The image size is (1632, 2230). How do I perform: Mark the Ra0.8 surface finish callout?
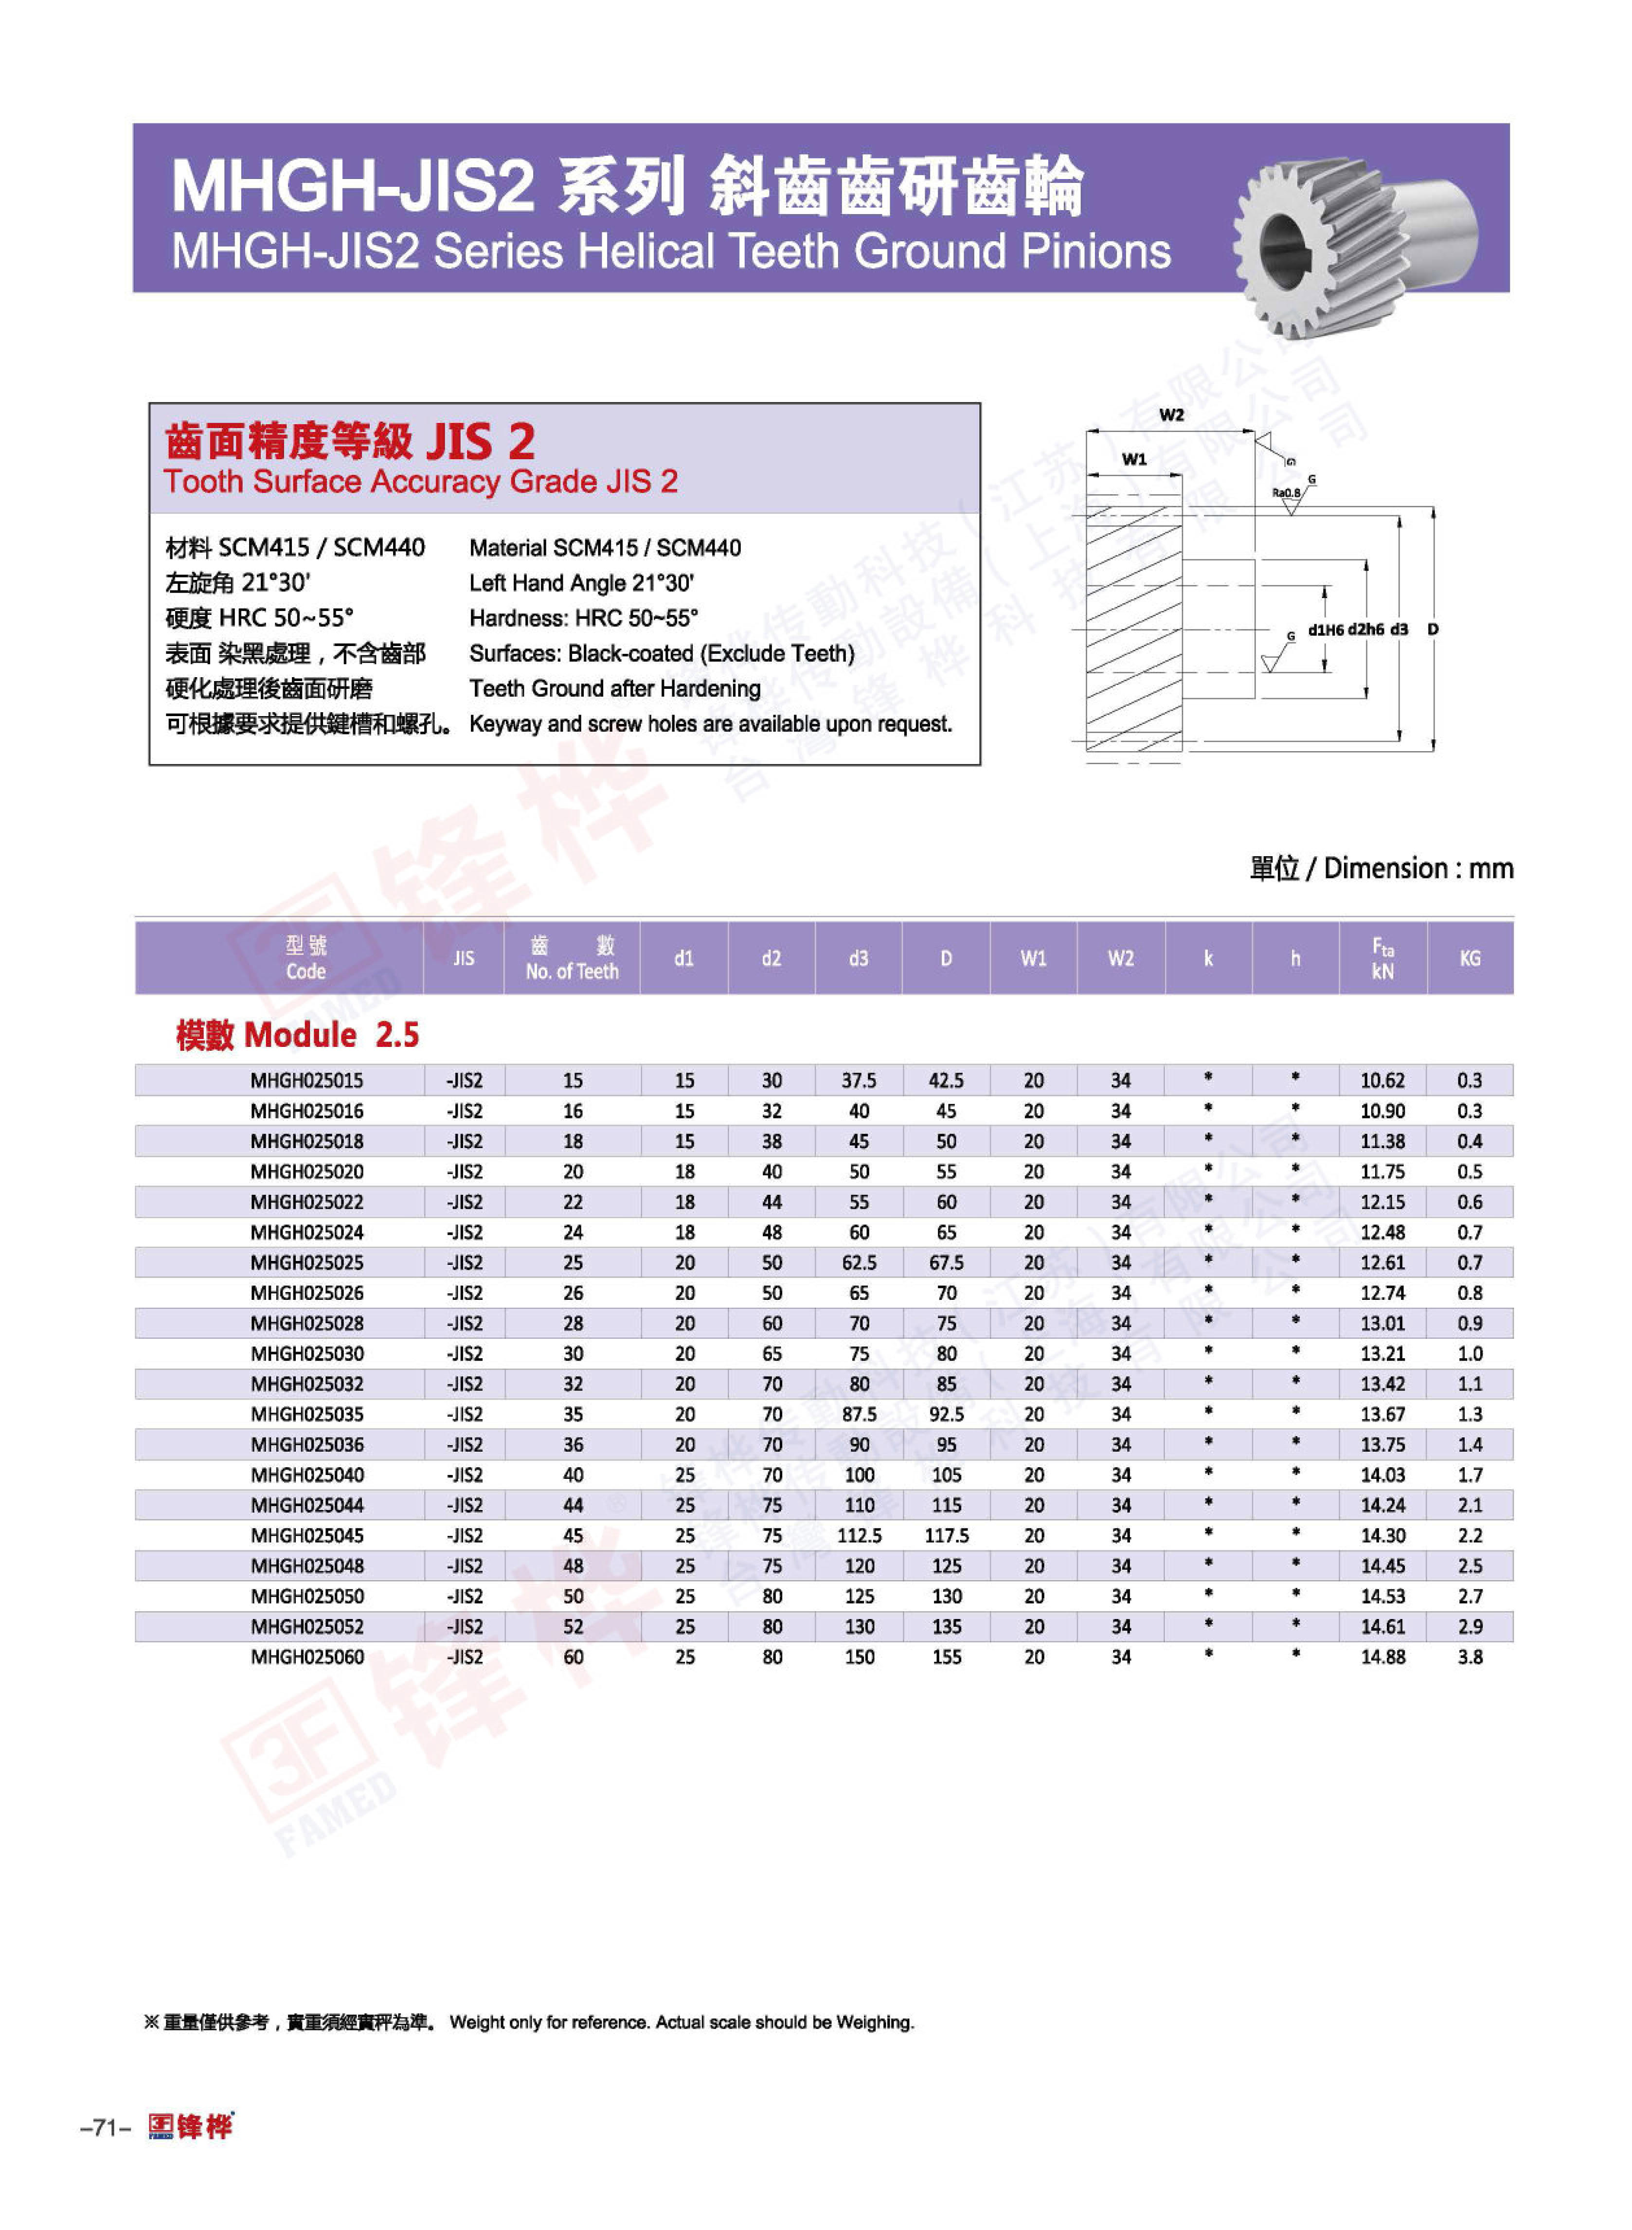pos(1285,492)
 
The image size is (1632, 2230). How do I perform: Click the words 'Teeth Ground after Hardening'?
pos(614,689)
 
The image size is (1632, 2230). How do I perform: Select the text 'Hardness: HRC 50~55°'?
pos(583,618)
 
